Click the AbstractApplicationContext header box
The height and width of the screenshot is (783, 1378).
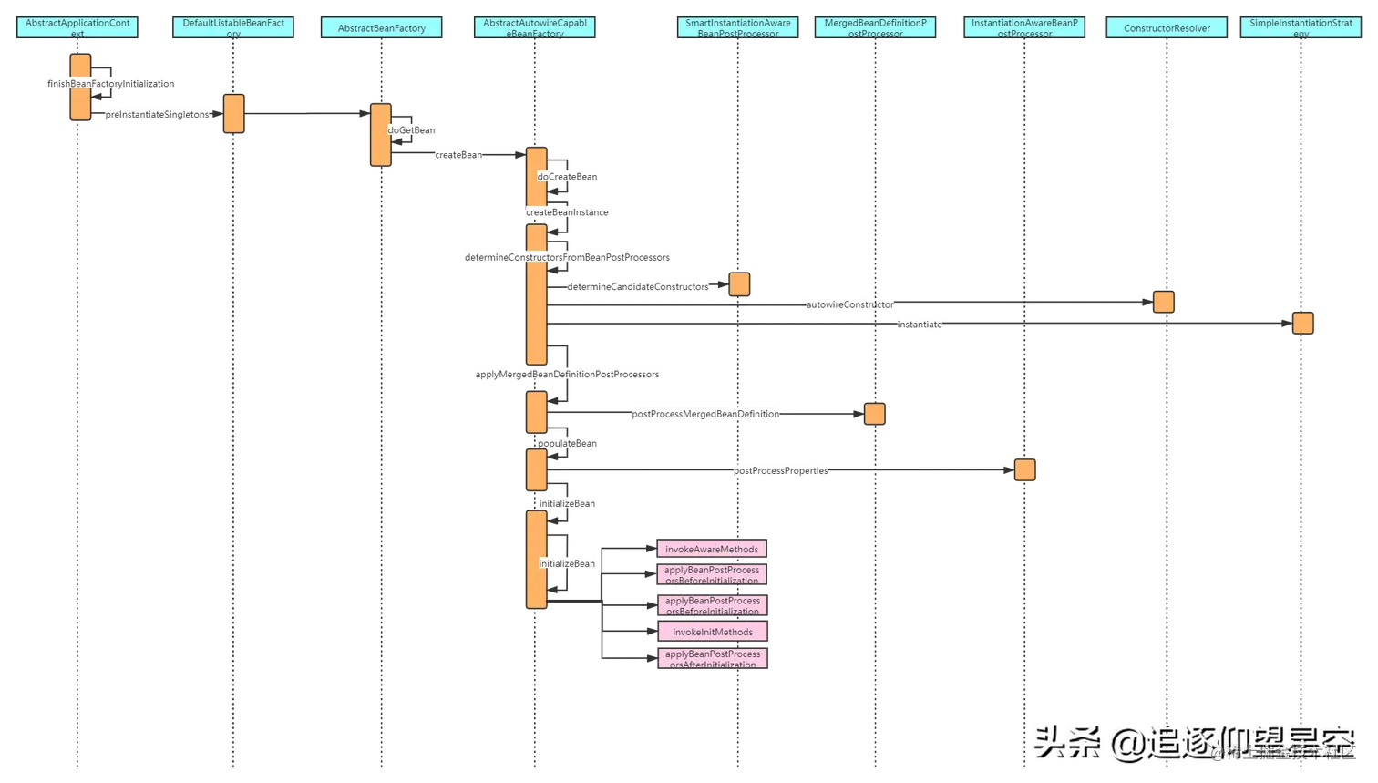(77, 28)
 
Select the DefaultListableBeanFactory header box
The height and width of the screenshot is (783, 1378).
(233, 28)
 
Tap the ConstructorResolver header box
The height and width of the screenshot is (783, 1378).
(1167, 28)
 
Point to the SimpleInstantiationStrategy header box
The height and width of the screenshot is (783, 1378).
(1301, 28)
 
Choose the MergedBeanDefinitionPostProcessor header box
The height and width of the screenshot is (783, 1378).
(875, 28)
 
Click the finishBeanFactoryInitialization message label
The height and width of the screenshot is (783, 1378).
(111, 84)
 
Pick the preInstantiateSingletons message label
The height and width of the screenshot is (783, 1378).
(157, 115)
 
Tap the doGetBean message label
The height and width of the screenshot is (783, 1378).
(412, 130)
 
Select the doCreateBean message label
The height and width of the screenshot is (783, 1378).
(567, 177)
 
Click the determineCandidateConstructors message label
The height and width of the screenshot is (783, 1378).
(637, 287)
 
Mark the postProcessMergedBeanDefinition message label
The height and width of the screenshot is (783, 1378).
(706, 415)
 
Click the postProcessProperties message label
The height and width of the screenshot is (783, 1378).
(781, 471)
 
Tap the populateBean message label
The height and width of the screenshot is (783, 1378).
(566, 444)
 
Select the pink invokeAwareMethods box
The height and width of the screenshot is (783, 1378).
(712, 550)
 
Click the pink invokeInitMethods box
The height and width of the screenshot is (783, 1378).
(713, 632)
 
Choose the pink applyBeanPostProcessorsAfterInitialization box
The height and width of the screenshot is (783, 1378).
(713, 658)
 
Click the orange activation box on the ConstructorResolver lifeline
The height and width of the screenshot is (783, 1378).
(1164, 302)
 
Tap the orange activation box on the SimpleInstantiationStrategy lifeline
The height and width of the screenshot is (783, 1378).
(1302, 324)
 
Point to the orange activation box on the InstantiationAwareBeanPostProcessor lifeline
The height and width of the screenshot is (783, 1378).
(1024, 470)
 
